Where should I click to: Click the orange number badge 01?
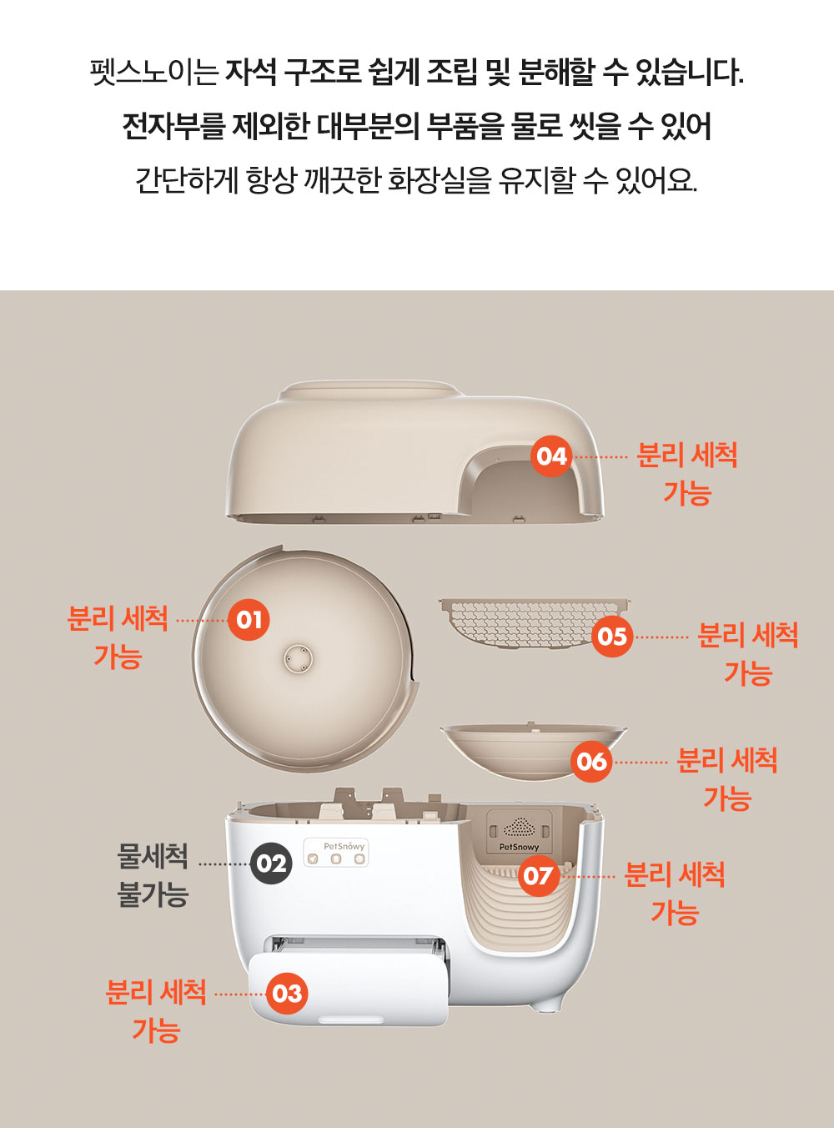tap(249, 621)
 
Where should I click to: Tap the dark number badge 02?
tap(271, 863)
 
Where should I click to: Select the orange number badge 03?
tap(287, 993)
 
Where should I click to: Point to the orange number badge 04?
tap(551, 456)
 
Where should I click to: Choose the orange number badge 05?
tap(612, 637)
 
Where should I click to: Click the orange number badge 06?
tap(591, 762)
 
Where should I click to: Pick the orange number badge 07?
tap(538, 876)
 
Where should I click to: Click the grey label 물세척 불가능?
tap(153, 874)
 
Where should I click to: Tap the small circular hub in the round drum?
tap(298, 659)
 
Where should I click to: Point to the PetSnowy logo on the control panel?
tap(344, 846)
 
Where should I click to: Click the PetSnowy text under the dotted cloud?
tap(519, 847)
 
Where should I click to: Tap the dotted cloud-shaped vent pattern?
tap(520, 828)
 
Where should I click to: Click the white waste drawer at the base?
tap(349, 990)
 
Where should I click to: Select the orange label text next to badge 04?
tap(687, 474)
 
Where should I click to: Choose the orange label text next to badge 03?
tap(156, 1010)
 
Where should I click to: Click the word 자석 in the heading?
tap(251, 73)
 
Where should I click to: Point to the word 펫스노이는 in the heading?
tap(154, 73)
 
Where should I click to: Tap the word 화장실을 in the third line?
tap(440, 179)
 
